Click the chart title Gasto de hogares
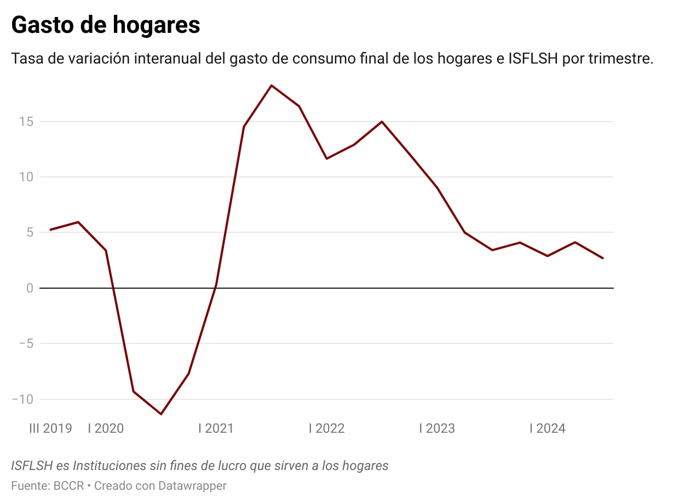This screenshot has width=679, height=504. [106, 25]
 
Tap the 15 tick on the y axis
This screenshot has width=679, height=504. [26, 122]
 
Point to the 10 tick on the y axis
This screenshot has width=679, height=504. [26, 177]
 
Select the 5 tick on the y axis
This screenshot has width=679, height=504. [29, 232]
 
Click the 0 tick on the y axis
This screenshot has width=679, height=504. [29, 288]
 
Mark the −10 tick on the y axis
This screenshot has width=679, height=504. [22, 399]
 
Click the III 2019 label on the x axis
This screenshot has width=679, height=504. [50, 428]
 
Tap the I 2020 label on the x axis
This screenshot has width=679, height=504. [106, 428]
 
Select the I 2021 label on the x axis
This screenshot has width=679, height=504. [216, 428]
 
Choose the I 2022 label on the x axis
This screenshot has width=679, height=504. [326, 428]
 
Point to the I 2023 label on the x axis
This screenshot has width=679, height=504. [437, 428]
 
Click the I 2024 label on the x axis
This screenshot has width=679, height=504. [547, 428]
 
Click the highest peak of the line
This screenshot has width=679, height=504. [271, 85]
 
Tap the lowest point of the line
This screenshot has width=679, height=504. [161, 414]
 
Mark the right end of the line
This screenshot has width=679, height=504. [603, 258]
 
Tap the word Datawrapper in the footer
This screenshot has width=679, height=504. [192, 485]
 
